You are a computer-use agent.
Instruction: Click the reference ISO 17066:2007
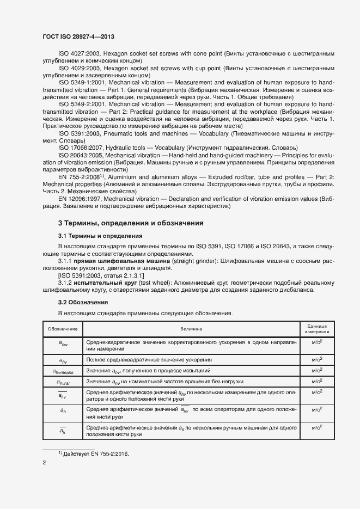(78, 148)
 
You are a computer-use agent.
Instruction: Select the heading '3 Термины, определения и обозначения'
(131, 223)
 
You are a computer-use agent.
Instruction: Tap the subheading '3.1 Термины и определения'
(100, 236)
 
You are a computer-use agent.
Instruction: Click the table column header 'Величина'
(191, 329)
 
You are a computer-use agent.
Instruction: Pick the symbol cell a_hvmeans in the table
(63, 371)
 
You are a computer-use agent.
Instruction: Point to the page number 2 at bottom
(44, 463)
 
